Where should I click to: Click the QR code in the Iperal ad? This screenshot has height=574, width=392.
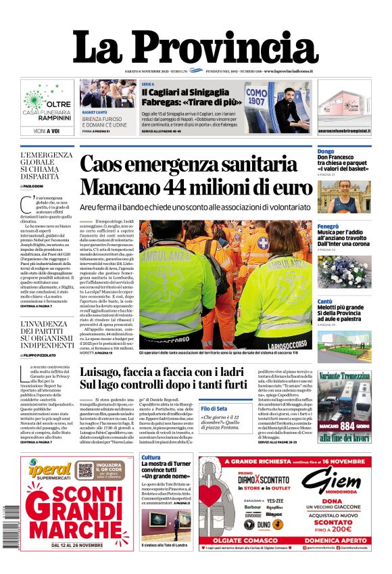point(86,471)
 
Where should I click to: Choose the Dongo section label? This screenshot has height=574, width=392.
point(326,151)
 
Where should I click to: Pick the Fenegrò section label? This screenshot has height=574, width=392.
point(328,226)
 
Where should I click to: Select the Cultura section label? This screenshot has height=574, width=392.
point(151,458)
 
